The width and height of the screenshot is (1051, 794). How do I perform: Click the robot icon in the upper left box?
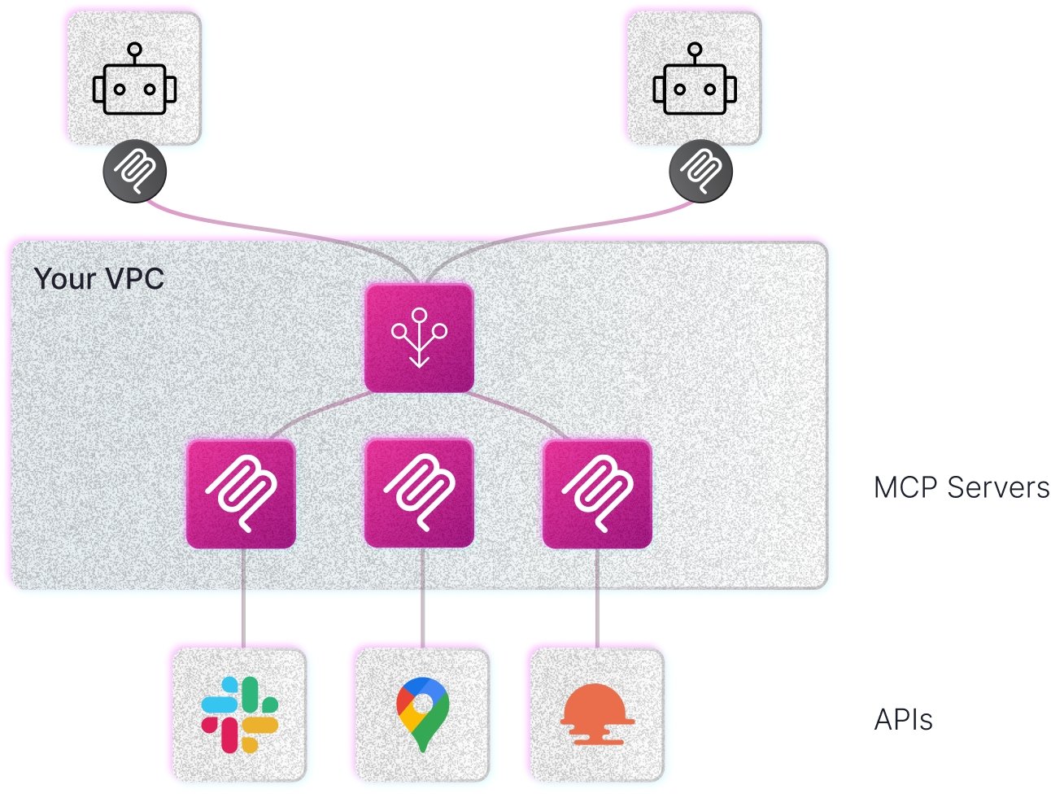[x=134, y=81]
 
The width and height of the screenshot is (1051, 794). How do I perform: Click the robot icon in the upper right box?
[x=694, y=81]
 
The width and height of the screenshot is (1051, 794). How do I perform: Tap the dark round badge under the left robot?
[x=135, y=172]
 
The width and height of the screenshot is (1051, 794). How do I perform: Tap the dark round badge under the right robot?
[x=700, y=172]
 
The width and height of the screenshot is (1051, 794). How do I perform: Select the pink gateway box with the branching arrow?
[x=419, y=338]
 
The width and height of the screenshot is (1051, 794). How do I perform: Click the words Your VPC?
[x=99, y=279]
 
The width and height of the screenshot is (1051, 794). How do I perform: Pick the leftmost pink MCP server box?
[x=241, y=494]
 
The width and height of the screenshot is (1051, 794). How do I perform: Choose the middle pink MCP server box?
[x=419, y=492]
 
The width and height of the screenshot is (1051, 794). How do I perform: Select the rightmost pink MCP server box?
[x=597, y=494]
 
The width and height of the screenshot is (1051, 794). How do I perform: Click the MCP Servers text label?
[x=961, y=488]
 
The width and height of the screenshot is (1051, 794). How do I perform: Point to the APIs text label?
[x=903, y=720]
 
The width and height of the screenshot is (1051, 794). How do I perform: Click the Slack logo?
[x=239, y=714]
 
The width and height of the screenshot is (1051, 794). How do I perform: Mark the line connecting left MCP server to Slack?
[x=243, y=598]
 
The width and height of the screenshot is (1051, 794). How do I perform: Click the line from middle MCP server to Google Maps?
[x=422, y=598]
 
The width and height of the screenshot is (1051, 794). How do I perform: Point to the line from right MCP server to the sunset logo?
[x=597, y=598]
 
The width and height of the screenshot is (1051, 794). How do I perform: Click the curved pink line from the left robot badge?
[x=244, y=224]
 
